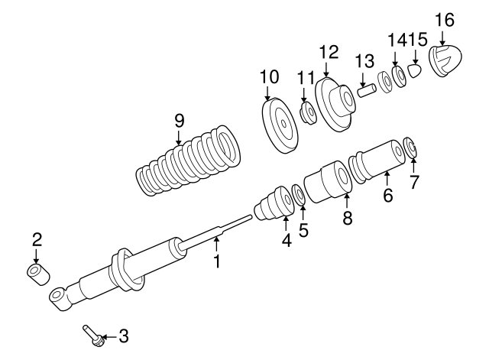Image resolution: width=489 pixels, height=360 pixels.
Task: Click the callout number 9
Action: [x=179, y=120]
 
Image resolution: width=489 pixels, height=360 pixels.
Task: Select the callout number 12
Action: [x=329, y=52]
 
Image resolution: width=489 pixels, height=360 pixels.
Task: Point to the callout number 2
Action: [x=37, y=240]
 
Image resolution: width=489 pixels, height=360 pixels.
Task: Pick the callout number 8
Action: [x=347, y=218]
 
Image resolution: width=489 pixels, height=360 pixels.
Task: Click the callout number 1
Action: [x=217, y=261]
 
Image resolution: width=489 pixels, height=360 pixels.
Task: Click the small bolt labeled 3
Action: [x=92, y=335]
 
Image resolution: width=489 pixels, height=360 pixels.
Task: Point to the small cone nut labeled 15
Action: [x=414, y=71]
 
